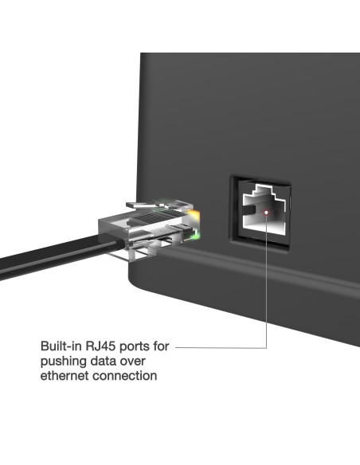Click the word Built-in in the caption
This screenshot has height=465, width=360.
click(59, 348)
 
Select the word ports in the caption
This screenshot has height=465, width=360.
click(134, 348)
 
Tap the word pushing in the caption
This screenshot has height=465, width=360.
click(63, 361)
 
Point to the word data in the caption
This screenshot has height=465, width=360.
click(105, 361)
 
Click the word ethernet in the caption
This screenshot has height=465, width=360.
click(65, 375)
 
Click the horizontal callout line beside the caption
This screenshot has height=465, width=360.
click(219, 347)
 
